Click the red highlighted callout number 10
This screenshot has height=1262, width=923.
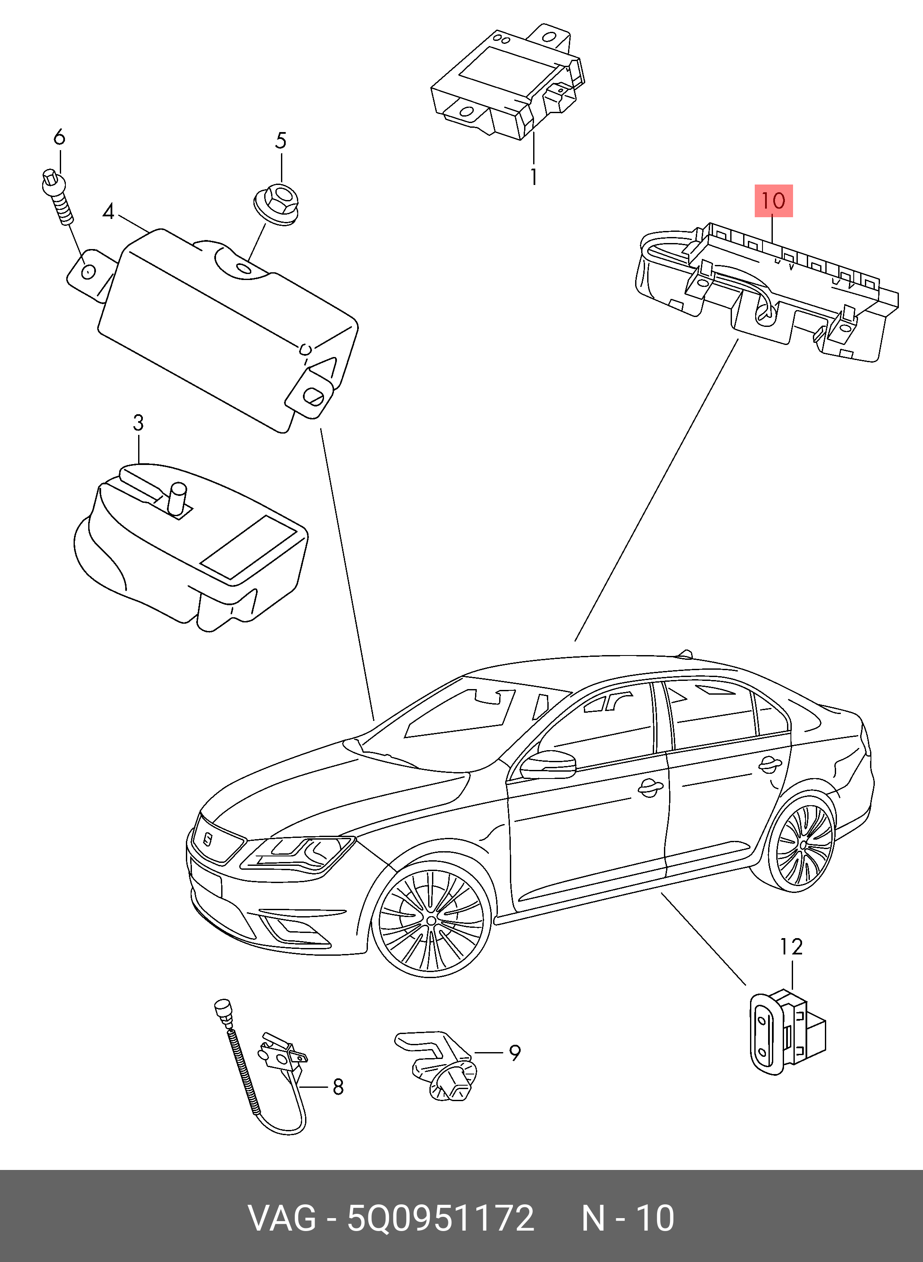(773, 200)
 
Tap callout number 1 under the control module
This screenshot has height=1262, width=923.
(534, 177)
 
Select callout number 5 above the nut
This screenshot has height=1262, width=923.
(281, 141)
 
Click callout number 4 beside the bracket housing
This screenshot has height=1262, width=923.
(108, 212)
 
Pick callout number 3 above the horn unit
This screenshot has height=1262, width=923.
(138, 423)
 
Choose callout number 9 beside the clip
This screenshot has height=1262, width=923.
(515, 1053)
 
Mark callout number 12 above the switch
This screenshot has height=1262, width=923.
(791, 946)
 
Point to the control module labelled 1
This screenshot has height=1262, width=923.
(506, 84)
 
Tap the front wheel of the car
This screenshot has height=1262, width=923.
(431, 919)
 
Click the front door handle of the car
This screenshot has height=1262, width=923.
(650, 788)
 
